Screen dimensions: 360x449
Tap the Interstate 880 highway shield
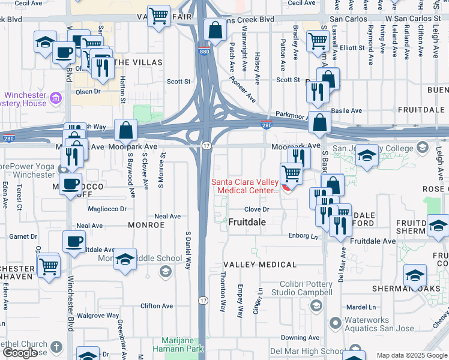pos(204,52)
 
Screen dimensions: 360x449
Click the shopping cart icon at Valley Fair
pos(158,16)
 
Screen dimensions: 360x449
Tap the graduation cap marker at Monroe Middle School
pos(125,259)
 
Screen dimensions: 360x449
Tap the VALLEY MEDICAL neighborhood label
pos(259,265)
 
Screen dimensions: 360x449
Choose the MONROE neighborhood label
pos(146,225)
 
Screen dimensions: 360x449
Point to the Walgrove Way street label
pos(98,316)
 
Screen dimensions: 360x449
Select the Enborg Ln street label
pos(303,236)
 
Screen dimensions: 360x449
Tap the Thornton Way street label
pos(223,291)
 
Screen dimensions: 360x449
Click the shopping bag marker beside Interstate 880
pos(214,29)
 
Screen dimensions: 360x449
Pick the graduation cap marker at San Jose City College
pos(367,155)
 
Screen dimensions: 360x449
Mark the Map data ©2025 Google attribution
pos(411,355)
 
